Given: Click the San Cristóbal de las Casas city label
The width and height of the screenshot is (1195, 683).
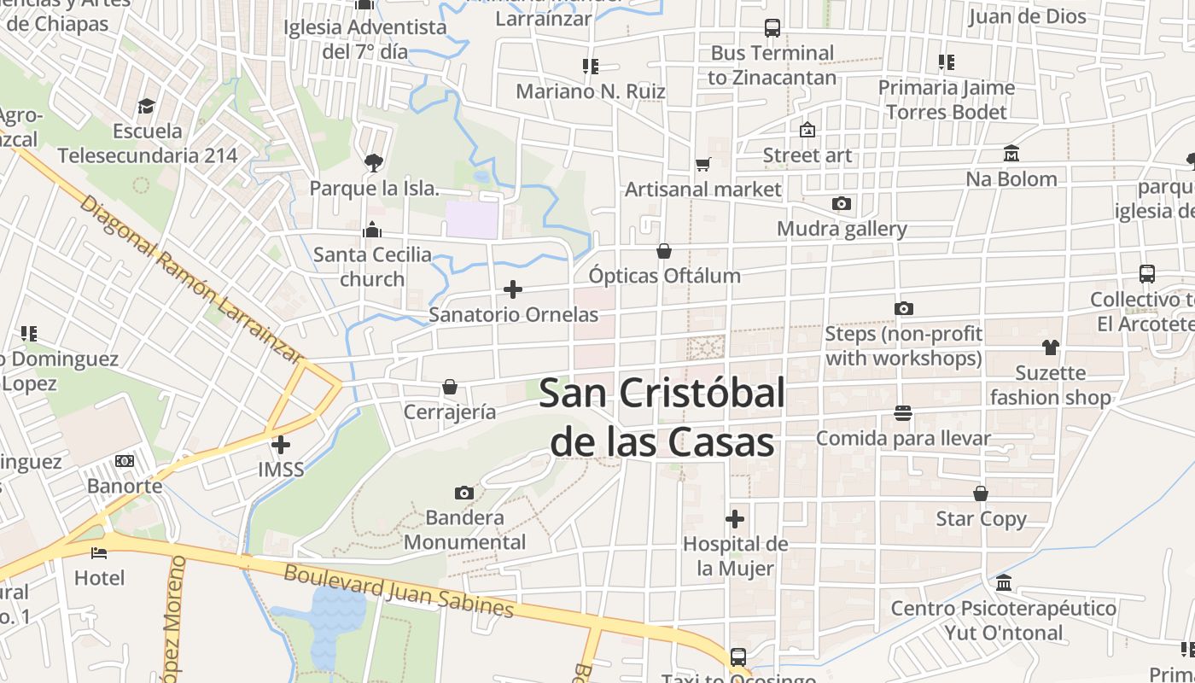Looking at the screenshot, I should click(662, 418).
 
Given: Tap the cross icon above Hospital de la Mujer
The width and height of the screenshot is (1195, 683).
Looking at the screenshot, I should click(735, 519).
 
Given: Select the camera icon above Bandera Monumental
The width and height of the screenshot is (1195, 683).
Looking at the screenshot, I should click(464, 493).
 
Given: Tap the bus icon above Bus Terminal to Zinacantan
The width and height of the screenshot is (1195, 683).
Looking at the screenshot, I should click(772, 28).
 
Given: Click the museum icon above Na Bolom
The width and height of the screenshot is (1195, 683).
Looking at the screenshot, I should click(1011, 154).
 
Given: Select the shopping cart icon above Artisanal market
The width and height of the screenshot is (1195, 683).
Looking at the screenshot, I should click(703, 165).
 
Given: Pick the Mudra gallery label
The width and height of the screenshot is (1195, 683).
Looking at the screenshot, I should click(842, 229).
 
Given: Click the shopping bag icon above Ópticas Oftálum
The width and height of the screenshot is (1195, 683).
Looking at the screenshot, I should click(664, 251).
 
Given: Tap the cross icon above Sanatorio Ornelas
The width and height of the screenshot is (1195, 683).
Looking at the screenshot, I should click(513, 289).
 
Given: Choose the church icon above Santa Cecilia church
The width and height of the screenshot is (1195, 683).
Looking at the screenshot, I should click(372, 230).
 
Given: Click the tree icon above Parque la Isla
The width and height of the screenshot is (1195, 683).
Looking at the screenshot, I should click(373, 162).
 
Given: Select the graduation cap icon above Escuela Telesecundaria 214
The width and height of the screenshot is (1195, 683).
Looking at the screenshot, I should click(147, 106).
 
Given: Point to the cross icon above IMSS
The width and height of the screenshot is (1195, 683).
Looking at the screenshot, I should click(281, 444).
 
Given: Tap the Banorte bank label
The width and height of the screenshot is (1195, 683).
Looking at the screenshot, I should click(125, 486).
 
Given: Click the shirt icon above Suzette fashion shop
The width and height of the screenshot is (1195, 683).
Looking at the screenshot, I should click(1050, 347).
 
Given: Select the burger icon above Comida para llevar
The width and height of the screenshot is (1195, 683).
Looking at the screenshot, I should click(903, 413).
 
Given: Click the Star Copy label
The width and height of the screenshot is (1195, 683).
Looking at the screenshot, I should click(981, 518).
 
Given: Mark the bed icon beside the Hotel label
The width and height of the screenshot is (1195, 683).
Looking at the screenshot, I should click(99, 552).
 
